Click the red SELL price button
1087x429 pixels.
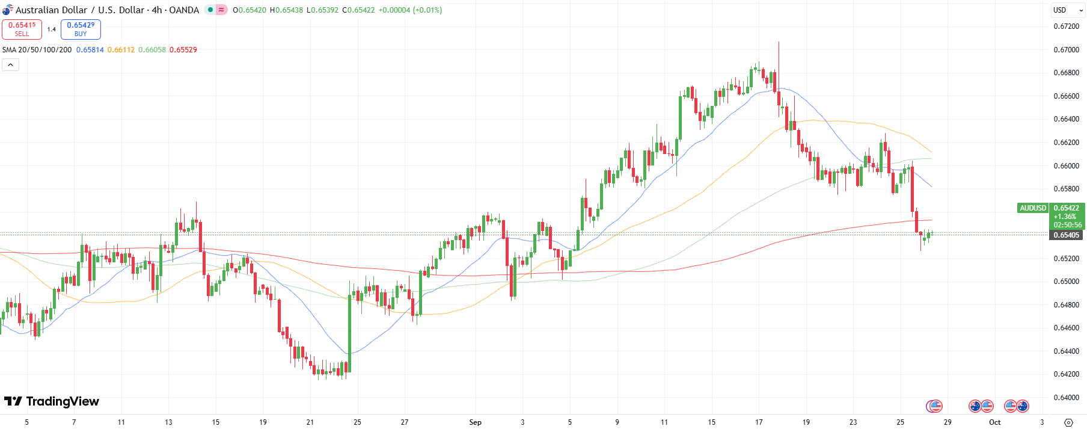point(22,29)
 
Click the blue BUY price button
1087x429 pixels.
point(81,29)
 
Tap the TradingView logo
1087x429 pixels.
point(51,401)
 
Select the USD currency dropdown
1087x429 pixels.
point(1067,10)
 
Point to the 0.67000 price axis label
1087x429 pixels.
point(1066,50)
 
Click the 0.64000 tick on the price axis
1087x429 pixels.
point(1066,398)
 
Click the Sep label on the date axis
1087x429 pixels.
point(475,422)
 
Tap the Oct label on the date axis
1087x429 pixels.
point(995,422)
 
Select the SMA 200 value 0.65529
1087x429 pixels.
point(183,50)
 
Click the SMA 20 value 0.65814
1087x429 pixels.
point(90,50)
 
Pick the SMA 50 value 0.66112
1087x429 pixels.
point(121,50)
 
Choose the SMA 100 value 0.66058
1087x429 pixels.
point(152,50)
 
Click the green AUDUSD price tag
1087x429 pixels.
point(1033,208)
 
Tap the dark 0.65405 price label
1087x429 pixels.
point(1066,235)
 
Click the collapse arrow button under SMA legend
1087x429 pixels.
point(11,65)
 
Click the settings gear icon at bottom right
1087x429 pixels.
point(1068,422)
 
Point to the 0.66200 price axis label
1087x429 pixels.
point(1066,143)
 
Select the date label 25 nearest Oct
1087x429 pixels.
point(900,422)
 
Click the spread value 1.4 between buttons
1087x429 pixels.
point(52,29)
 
